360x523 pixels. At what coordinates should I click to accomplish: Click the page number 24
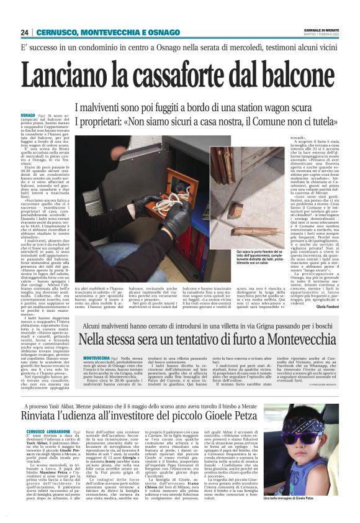tap(25, 32)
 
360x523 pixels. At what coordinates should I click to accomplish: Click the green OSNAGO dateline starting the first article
tap(28, 116)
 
